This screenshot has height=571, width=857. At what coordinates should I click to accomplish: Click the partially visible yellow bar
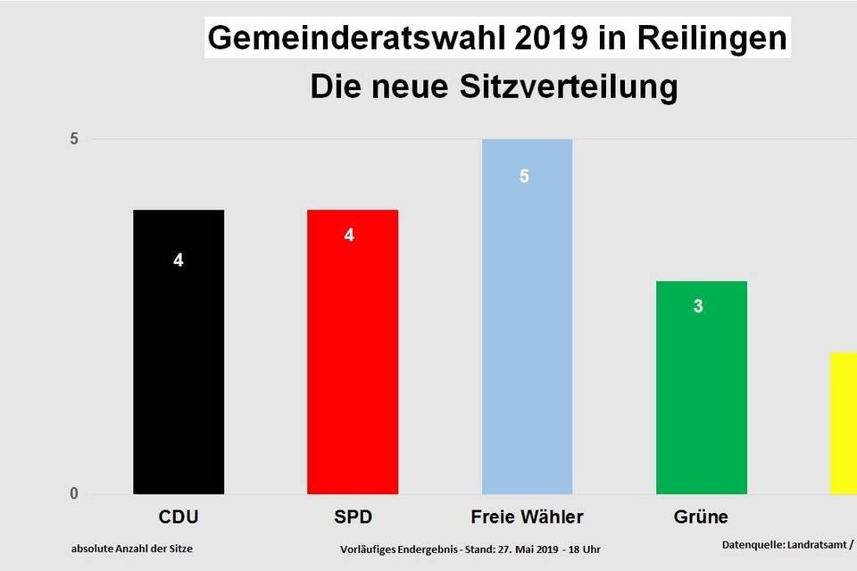point(844,424)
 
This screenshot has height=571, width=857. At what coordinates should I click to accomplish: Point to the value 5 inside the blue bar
point(525,176)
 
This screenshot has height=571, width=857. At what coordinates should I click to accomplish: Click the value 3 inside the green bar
point(698,306)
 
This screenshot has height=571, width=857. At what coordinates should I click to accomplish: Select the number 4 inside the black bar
point(179,261)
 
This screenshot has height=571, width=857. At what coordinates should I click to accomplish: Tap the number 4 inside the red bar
point(349,236)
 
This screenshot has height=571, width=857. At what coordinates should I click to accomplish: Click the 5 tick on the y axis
point(75,139)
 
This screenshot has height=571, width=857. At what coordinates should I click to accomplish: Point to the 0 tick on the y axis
point(75,494)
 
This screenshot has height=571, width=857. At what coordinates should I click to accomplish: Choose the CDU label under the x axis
point(179,517)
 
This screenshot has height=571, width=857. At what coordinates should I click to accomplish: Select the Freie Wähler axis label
point(527,517)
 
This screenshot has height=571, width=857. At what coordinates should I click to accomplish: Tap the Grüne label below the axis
point(701,517)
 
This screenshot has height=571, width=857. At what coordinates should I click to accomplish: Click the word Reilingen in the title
point(720,39)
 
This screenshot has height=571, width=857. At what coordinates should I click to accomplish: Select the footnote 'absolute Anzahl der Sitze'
point(132,548)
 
